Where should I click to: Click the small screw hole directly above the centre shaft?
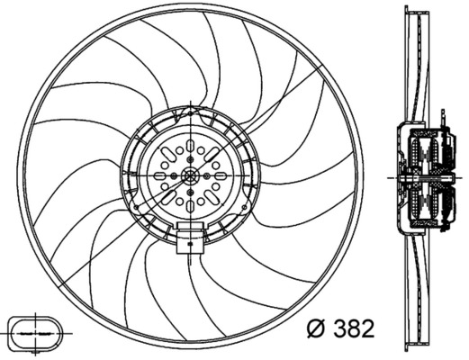pyautogui.click(x=191, y=162)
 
